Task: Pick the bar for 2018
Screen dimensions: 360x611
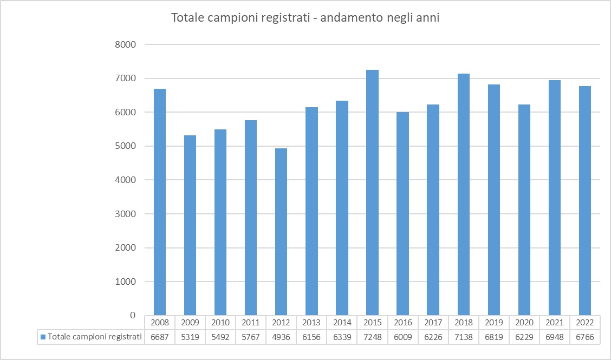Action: click(x=463, y=194)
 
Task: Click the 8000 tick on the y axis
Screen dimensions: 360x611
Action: click(x=126, y=44)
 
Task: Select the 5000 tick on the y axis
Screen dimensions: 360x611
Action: click(x=126, y=146)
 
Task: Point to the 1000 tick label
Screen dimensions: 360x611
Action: click(x=126, y=282)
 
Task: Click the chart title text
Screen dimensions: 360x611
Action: click(x=305, y=18)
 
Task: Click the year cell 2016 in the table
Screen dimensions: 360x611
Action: click(x=402, y=322)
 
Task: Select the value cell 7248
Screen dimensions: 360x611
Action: click(x=372, y=337)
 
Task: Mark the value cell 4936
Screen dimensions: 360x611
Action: click(x=281, y=337)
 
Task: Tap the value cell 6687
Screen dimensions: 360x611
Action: click(x=160, y=337)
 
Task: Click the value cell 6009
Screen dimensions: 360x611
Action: click(x=402, y=337)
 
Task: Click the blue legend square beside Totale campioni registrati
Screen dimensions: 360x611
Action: click(x=43, y=337)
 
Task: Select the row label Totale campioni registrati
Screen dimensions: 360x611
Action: click(x=94, y=337)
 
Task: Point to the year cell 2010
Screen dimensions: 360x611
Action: click(x=220, y=322)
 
